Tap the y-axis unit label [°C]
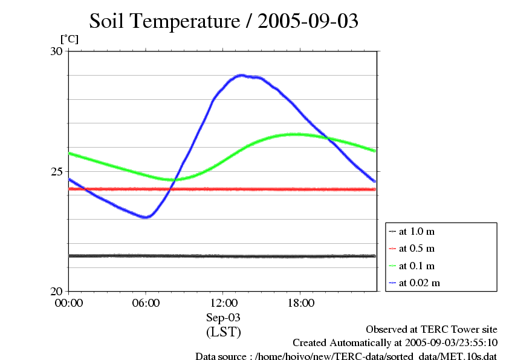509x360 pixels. [69, 39]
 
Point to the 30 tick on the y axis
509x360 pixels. [56, 51]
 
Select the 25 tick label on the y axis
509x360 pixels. [56, 171]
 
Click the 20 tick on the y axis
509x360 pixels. [56, 291]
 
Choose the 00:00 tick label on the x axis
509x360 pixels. [69, 303]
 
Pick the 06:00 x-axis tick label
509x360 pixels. [146, 303]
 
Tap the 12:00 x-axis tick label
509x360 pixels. [223, 303]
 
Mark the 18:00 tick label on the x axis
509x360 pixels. [300, 303]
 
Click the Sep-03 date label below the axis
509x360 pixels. [223, 317]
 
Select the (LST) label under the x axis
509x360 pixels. [223, 332]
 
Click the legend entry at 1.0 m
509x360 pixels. [417, 232]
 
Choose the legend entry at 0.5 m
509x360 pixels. [417, 249]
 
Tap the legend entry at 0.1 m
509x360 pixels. [417, 266]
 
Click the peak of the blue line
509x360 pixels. [242, 75]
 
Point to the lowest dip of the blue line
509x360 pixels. [145, 217]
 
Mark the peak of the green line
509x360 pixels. [296, 134]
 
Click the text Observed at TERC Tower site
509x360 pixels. [432, 330]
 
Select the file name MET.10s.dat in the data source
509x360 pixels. [469, 356]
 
